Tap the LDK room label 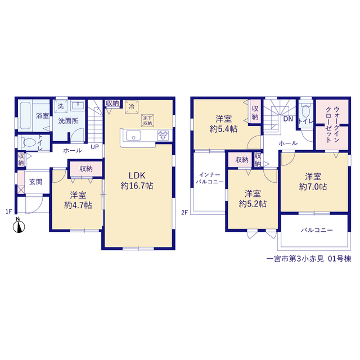pos(137,175)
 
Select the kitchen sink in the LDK pos(133,136)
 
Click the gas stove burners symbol pos(163,135)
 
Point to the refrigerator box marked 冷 pos(132,107)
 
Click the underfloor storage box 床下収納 pos(147,120)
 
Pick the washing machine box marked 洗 pos(61,106)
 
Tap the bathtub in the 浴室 pos(25,115)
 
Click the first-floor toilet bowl pos(30,142)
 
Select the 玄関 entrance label pos(36,182)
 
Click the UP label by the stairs pos(95,147)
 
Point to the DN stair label pos(288,119)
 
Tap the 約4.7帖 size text pos(78,205)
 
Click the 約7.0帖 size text pos(313,187)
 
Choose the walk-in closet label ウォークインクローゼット pos(332,125)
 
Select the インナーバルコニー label pos(210,178)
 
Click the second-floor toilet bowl pos(305,112)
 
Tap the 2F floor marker pos(184,213)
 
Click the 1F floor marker pos(8,211)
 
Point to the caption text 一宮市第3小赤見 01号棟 pos(309,259)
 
